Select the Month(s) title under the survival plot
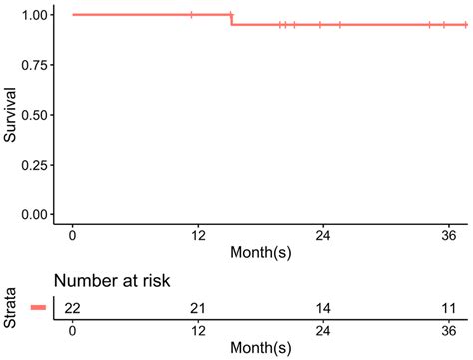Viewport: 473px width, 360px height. point(261,253)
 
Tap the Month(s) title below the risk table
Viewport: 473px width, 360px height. point(261,348)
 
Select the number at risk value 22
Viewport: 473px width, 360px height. point(72,308)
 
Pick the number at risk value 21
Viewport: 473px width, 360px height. point(197,308)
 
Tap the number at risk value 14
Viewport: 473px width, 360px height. point(322,308)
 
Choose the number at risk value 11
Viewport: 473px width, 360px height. point(447,308)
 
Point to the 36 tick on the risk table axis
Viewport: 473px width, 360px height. point(447,330)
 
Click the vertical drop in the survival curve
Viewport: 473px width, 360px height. point(231,19)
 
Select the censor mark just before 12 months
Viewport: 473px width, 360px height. point(192,15)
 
